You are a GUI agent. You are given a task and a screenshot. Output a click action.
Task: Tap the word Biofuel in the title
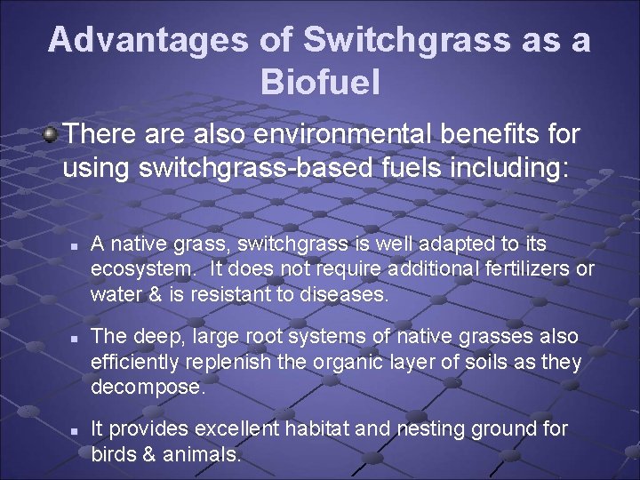[x=320, y=83]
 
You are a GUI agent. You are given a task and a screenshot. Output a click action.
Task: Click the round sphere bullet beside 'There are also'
[x=52, y=135]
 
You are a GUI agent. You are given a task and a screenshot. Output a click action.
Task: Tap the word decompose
[x=148, y=388]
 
